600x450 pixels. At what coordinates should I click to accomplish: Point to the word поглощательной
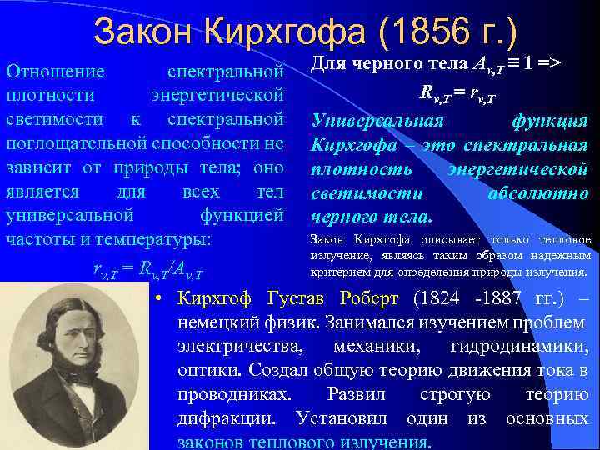70,143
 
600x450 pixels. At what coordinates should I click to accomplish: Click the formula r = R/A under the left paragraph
147,270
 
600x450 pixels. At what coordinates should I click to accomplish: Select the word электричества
234,346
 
